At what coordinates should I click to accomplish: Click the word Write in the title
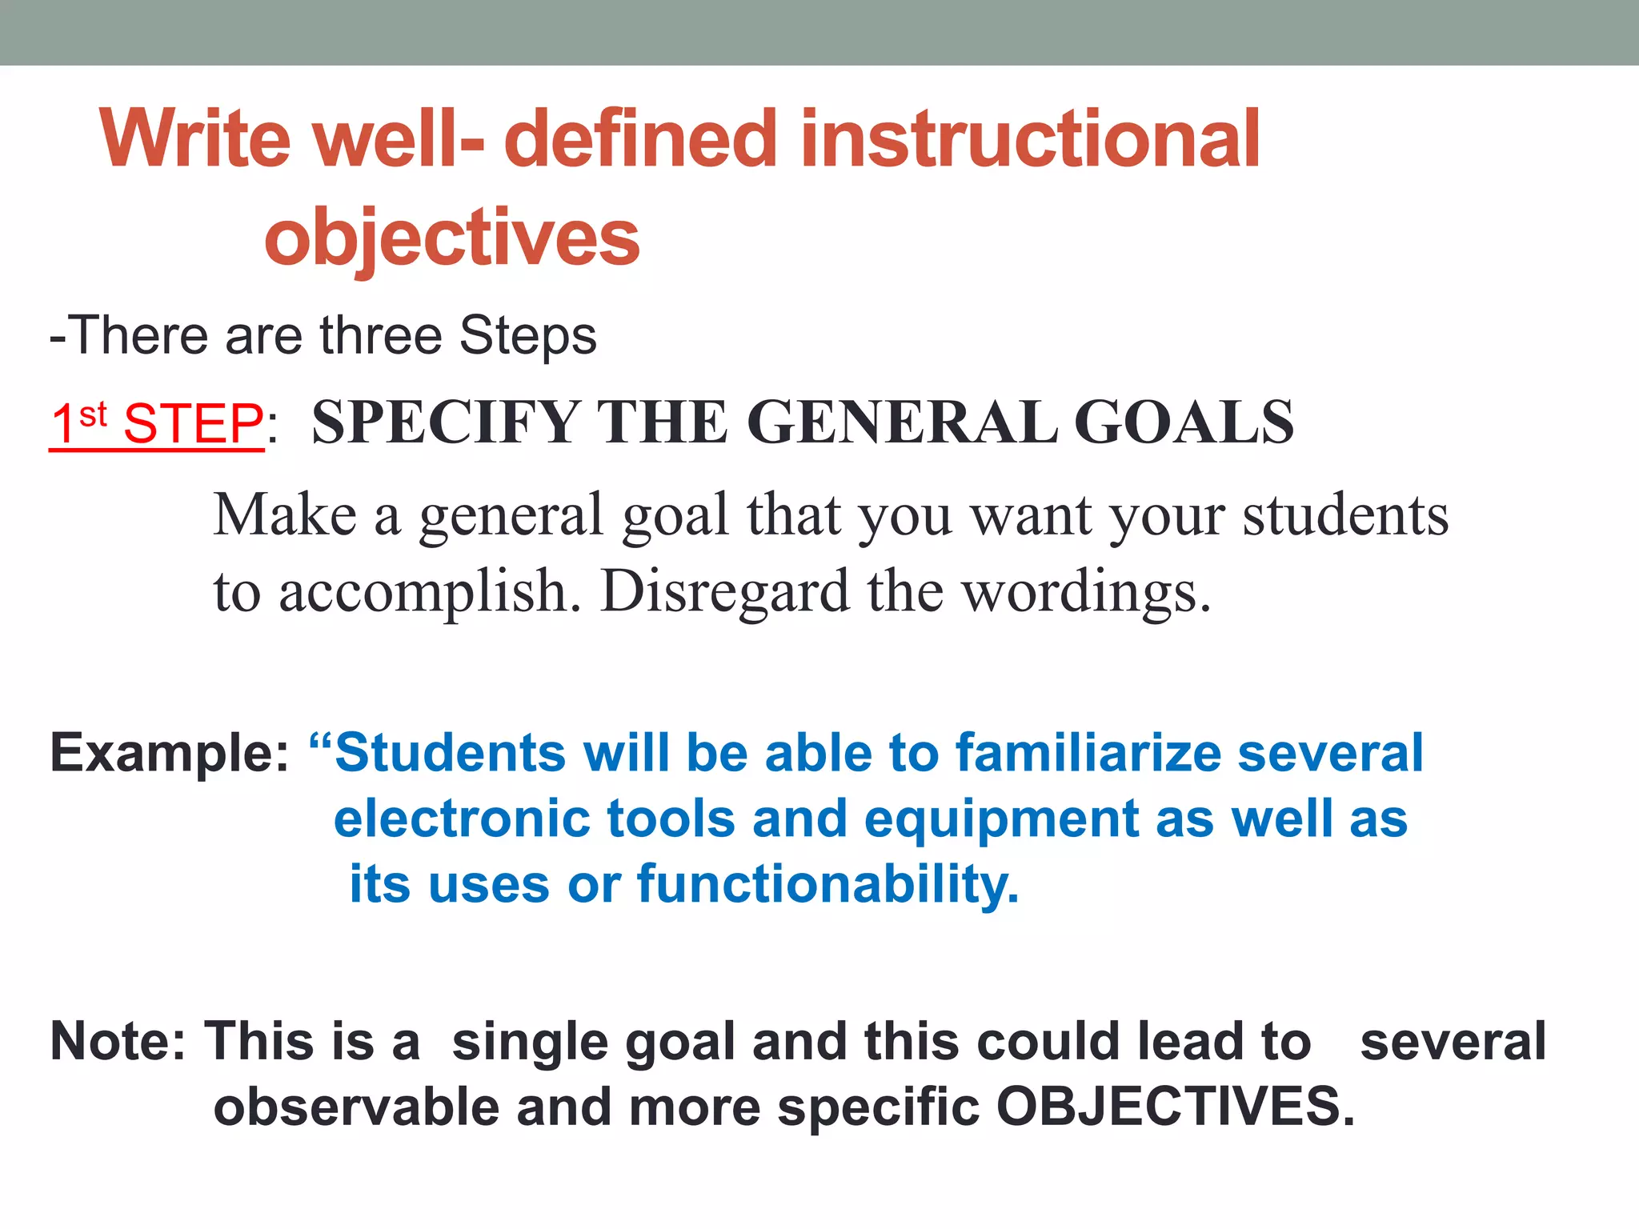(195, 139)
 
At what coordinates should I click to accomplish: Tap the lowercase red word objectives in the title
(452, 238)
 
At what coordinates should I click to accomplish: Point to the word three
(381, 335)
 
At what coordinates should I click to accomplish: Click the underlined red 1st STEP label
(156, 423)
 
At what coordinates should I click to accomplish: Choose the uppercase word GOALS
(1183, 422)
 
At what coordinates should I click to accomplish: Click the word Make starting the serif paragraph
(285, 514)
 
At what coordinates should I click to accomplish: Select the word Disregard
(725, 592)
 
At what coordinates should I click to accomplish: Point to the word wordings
(1086, 592)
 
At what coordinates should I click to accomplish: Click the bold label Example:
(169, 753)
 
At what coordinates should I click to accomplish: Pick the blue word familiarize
(1088, 753)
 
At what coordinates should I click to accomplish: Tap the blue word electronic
(462, 819)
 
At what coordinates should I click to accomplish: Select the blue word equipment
(1001, 821)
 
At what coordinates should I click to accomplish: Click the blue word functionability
(828, 885)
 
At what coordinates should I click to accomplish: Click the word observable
(356, 1107)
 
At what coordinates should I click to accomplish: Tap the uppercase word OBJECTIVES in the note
(1175, 1107)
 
